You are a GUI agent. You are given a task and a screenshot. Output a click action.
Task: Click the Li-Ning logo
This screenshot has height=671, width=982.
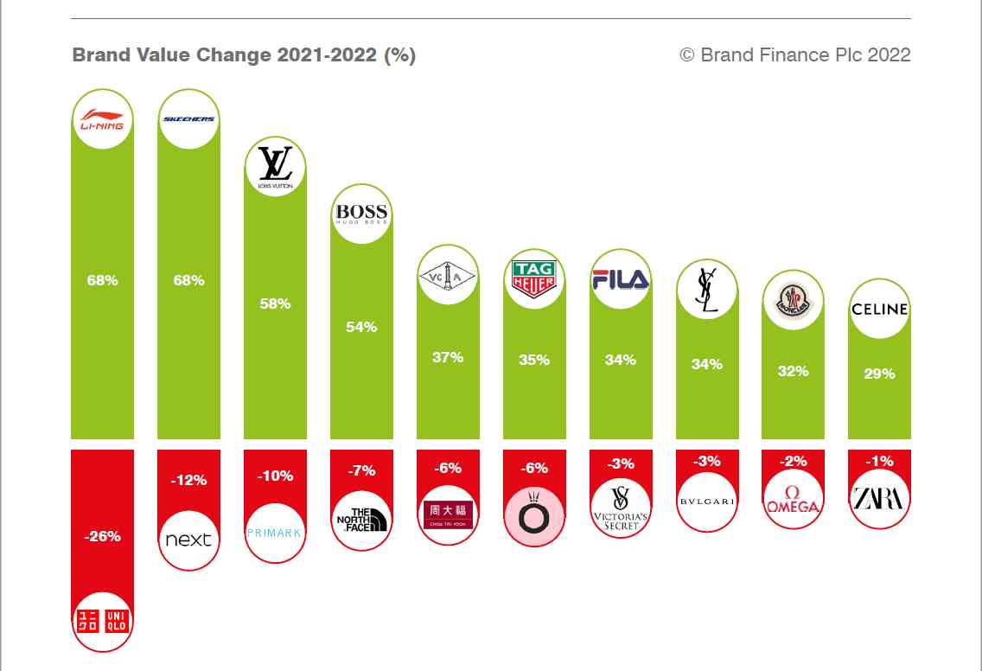coord(102,119)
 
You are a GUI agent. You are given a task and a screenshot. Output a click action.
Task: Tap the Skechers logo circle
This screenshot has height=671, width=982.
coord(188,119)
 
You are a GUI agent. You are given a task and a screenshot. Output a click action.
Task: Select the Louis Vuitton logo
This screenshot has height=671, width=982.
coord(275,167)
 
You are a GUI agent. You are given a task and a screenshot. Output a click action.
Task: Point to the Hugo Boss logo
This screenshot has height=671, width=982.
coord(361,214)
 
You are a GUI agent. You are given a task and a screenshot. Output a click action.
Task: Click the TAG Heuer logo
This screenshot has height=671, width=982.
coord(533,278)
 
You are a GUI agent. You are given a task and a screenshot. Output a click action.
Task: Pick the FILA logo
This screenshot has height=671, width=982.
coord(620,278)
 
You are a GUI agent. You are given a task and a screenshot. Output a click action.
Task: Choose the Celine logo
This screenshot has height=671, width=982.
coord(879,309)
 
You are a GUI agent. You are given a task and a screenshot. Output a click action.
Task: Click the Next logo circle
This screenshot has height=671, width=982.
coord(188,540)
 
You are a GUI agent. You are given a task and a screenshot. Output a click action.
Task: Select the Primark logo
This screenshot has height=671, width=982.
coord(275,533)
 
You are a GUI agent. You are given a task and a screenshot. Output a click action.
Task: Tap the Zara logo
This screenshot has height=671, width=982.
coord(879,499)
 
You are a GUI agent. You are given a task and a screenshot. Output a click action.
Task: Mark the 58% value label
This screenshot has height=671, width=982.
coord(275,304)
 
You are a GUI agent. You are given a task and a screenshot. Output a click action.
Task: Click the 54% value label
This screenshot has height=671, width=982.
coord(361,327)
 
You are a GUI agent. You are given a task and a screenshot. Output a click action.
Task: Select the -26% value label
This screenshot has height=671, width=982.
coord(102,536)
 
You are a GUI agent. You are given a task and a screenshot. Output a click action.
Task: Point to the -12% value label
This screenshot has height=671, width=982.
coord(188,480)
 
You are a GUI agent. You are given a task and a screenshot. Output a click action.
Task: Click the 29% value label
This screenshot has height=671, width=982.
coord(879,374)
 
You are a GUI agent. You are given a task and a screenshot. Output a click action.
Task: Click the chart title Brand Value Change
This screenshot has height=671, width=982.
coord(244,55)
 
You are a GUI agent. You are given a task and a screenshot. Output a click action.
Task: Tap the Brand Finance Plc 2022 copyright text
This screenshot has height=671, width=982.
coord(795,55)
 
